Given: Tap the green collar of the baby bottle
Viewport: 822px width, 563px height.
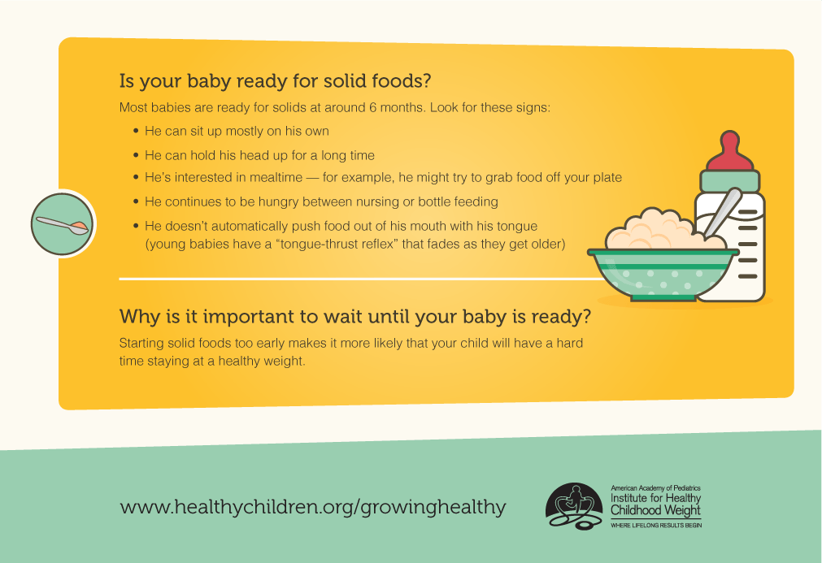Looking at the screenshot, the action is [x=730, y=181].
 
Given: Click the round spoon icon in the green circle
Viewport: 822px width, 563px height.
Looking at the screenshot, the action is [x=63, y=223].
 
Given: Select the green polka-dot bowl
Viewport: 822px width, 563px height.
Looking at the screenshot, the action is [x=663, y=275].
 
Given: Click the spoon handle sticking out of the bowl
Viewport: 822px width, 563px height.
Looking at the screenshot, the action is [x=724, y=211].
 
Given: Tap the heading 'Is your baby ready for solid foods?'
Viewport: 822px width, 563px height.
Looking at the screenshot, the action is [x=275, y=81].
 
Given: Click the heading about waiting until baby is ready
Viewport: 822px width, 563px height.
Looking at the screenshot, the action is [x=355, y=317].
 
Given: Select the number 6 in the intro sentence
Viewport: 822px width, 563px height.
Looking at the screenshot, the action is [x=372, y=107].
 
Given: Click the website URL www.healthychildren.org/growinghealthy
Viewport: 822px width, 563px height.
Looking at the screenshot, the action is [x=313, y=507].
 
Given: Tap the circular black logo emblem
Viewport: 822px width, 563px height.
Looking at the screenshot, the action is [x=574, y=506].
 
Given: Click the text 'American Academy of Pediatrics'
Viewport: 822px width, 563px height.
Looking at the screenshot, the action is [x=655, y=488].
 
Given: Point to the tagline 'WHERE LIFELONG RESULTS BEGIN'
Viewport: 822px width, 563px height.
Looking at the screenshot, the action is [x=656, y=526].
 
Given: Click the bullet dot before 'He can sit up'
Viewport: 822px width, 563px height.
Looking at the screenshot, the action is [x=137, y=131].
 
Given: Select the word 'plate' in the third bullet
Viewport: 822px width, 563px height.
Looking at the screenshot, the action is [x=607, y=178].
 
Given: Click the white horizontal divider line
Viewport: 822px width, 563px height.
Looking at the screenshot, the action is [x=362, y=279].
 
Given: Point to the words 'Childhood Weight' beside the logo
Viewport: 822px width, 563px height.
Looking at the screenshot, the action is [x=655, y=510].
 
